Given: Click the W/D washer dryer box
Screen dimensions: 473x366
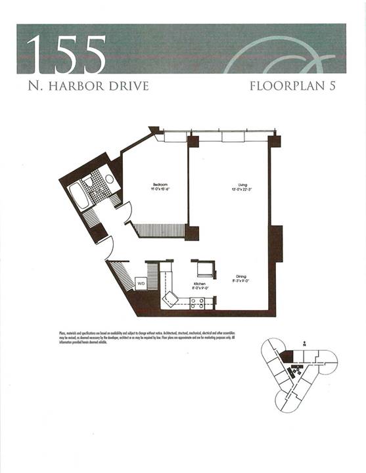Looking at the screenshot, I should point(141,283).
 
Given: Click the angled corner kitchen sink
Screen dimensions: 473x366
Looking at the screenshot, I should point(172,300).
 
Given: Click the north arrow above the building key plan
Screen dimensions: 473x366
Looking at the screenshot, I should point(304,343).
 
